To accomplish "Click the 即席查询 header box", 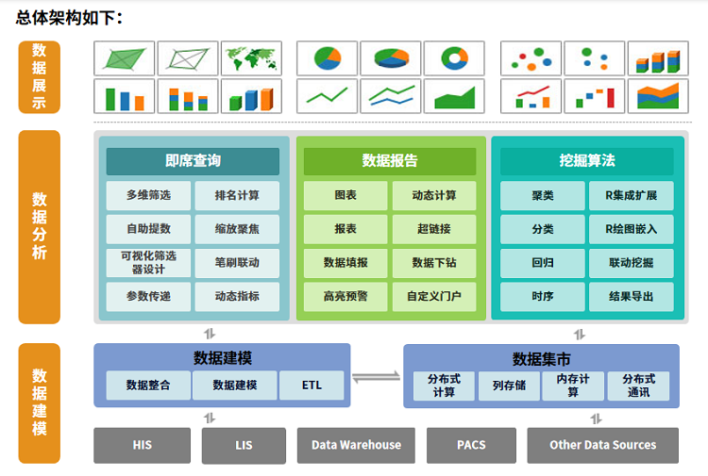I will point(193,161).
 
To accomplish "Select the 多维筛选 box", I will point(148,196).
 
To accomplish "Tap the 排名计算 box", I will point(237,196).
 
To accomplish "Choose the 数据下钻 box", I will point(434,262).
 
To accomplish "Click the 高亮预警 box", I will point(346,296).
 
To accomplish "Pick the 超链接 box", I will point(434,228).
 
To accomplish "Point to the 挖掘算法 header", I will point(586,161).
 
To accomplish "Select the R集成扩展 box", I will point(631,196).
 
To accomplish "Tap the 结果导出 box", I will point(631,296).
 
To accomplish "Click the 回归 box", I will point(542,262).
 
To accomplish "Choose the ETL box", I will point(312,386).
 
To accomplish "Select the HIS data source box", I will point(142,445).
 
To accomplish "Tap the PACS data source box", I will point(471,445).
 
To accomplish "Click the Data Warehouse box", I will point(356,445).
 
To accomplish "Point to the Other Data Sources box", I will point(602,445).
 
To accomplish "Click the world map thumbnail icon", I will point(251,58).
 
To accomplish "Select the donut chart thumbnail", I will point(454,58).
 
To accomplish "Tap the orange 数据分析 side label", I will point(39,226).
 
